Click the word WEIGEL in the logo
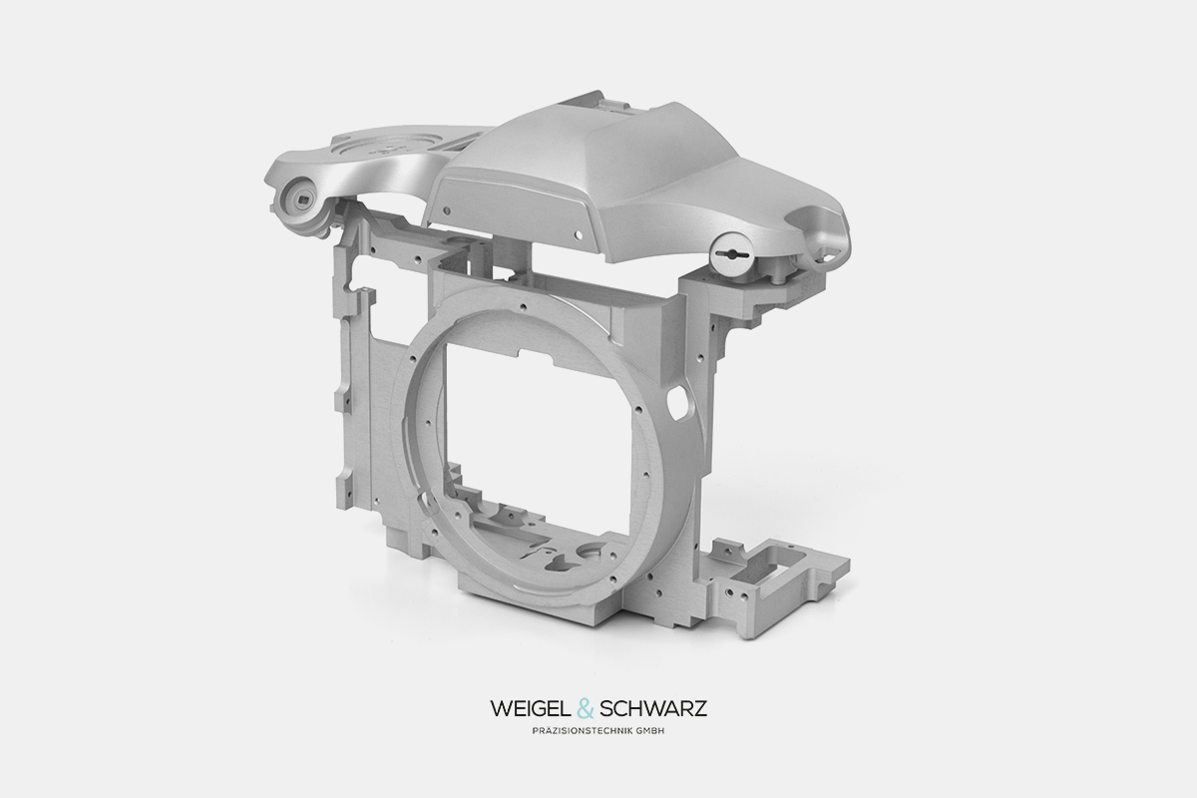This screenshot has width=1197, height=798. pos(532,709)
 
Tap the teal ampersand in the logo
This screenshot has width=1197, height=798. pos(587,709)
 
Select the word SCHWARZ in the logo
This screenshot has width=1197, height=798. pos(653,709)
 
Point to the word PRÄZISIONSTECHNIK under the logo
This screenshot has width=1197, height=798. pos(583,730)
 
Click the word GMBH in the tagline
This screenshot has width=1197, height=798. pos(650,730)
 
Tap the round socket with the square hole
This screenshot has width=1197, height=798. pos(302,200)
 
